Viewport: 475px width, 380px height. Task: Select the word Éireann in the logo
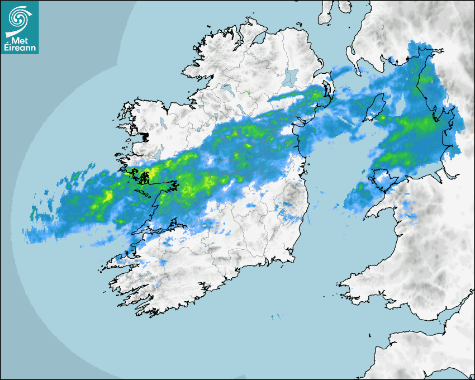click(x=21, y=49)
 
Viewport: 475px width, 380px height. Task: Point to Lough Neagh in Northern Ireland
click(x=291, y=77)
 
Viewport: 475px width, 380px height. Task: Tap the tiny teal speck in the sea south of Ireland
click(x=273, y=317)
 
